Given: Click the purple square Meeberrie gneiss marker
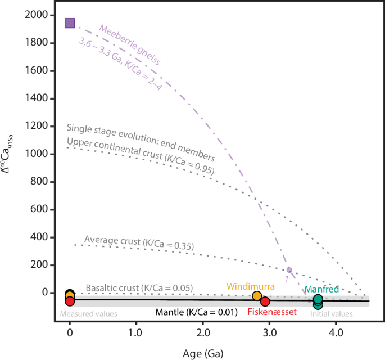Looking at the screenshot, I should pyautogui.click(x=70, y=23).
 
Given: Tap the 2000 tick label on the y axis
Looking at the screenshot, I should pyautogui.click(x=37, y=15).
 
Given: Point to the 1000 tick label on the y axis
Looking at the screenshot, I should pyautogui.click(x=37, y=154).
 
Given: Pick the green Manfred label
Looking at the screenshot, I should pyautogui.click(x=321, y=289).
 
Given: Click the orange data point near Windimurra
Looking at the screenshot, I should pyautogui.click(x=257, y=296).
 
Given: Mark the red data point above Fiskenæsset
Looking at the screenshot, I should pyautogui.click(x=265, y=302).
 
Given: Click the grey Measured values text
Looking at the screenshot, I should pyautogui.click(x=88, y=313).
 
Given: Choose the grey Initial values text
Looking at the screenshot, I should pyautogui.click(x=332, y=313).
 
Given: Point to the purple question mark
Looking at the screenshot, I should pyautogui.click(x=286, y=278).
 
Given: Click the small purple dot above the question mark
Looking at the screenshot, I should pyautogui.click(x=289, y=270).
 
